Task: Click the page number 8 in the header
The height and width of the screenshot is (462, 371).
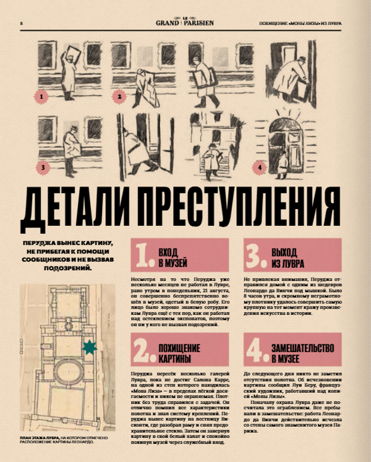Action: point(22,24)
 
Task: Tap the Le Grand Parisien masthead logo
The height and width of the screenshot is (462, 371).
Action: point(185,23)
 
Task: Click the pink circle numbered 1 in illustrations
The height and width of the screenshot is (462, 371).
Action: point(41,97)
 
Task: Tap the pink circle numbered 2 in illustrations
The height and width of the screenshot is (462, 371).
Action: point(121,96)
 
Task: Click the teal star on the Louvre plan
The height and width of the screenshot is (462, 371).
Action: point(90,348)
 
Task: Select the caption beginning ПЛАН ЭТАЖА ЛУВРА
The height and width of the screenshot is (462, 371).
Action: point(62,442)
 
